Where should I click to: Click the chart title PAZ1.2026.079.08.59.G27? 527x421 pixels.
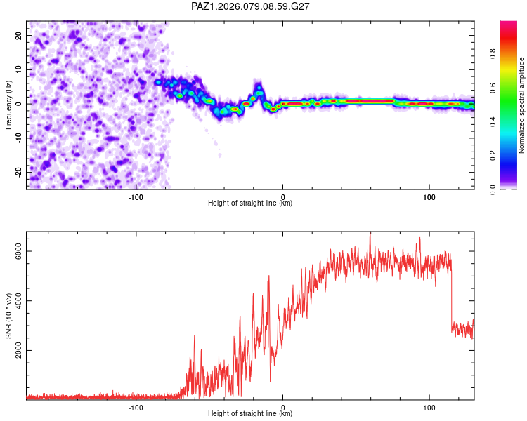point(251,6)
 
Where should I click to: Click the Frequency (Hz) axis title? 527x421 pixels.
point(9,105)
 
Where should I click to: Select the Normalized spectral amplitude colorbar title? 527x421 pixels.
point(521,105)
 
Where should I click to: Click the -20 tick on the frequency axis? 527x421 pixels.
point(18,171)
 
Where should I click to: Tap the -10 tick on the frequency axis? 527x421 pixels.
point(18,138)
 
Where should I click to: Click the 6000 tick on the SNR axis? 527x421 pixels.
point(19,252)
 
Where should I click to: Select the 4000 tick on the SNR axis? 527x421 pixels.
point(19,302)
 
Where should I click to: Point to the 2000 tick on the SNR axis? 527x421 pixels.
point(19,351)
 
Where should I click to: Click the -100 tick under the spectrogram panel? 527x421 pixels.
point(136,197)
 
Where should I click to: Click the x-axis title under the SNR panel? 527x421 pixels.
point(250,414)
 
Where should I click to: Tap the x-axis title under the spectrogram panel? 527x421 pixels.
point(250,203)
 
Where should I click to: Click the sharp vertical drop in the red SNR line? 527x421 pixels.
point(451,295)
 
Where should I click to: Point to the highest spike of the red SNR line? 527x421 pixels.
point(370,234)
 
